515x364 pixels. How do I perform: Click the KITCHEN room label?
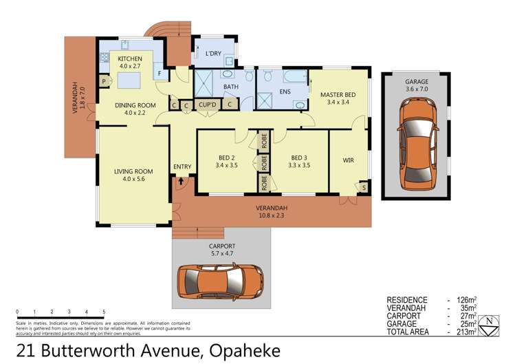[129, 59]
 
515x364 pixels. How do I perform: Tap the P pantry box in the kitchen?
[104, 81]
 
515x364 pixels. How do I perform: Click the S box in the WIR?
[363, 186]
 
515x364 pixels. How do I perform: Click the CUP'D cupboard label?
[207, 105]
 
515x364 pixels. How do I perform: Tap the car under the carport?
[222, 283]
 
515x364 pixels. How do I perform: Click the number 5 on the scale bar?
[104, 312]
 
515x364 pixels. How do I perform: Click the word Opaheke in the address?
[240, 351]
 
